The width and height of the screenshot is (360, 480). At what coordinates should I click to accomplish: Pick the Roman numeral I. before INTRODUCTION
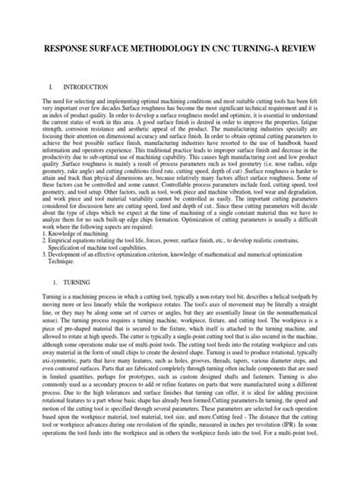point(52,88)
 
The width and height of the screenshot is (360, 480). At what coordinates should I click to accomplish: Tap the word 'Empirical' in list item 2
point(62,238)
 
